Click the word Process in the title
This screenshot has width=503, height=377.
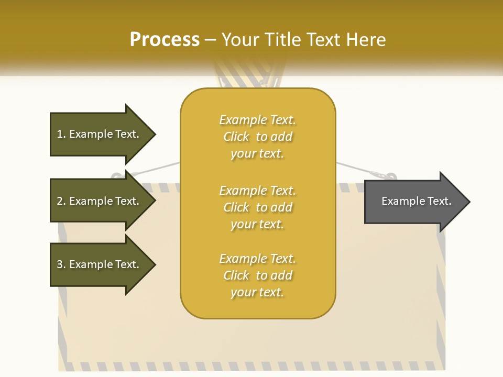[165, 40]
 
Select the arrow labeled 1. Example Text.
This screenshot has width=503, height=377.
[100, 134]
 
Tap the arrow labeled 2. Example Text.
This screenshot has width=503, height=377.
[100, 201]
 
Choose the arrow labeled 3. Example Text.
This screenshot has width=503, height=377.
[100, 264]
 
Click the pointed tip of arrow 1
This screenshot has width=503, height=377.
[154, 134]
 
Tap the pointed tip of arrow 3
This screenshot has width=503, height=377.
[154, 264]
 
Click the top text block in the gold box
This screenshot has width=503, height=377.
[257, 137]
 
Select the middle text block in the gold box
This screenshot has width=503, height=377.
[257, 207]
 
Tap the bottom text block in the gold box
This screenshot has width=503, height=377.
[257, 275]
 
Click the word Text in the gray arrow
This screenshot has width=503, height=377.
[439, 201]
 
